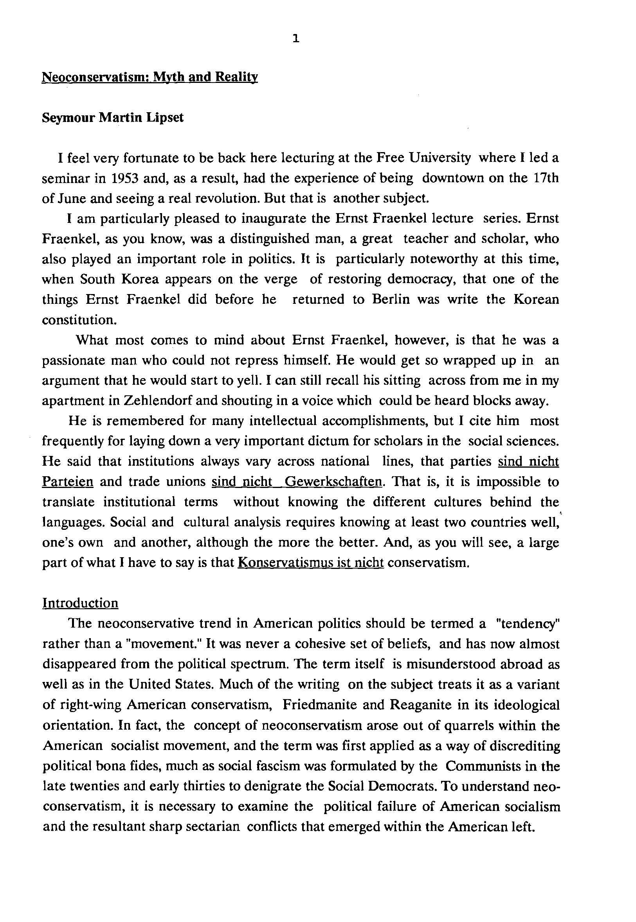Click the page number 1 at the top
[x=295, y=39]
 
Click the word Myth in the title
[x=168, y=76]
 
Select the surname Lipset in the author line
[x=164, y=118]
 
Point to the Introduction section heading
[x=81, y=603]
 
